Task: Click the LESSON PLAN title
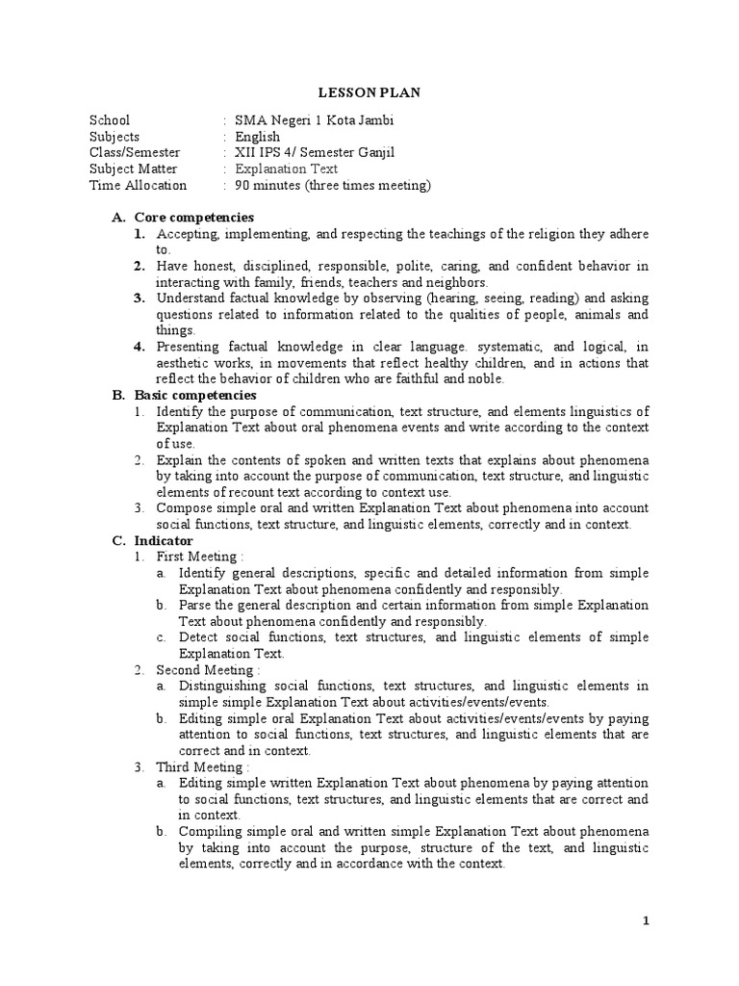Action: pyautogui.click(x=369, y=92)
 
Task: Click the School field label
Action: pyautogui.click(x=109, y=120)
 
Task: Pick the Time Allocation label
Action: pyautogui.click(x=138, y=186)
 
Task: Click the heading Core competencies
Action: pyautogui.click(x=193, y=218)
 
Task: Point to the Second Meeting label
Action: pyautogui.click(x=207, y=669)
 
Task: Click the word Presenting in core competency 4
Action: pyautogui.click(x=191, y=347)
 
